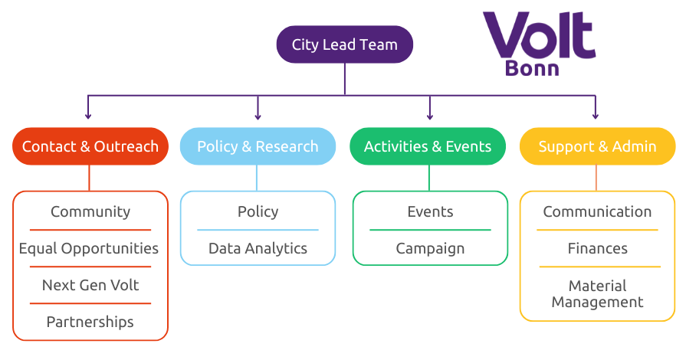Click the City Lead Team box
point(344,44)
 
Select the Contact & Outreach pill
point(90,146)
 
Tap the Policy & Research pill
point(258,146)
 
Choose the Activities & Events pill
point(428,146)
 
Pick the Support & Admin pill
point(597,146)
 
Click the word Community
point(90,211)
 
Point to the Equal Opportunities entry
point(89,248)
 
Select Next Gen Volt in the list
point(90,285)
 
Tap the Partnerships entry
point(90,322)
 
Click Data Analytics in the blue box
point(258,248)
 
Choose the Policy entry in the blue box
point(258,211)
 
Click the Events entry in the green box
point(430,211)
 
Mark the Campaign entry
point(430,248)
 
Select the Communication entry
point(597,211)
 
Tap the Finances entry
point(597,248)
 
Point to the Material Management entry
point(597,294)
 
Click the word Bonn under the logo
point(532,68)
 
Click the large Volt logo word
point(538,35)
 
